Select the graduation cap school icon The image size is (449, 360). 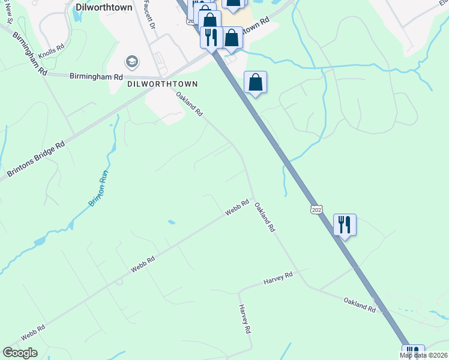click(131, 62)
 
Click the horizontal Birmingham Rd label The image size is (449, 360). click(96, 77)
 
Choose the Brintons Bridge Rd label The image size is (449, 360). click(36, 159)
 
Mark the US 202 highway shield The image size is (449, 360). click(317, 209)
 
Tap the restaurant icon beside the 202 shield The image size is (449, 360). click(345, 225)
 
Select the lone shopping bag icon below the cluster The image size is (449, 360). click(255, 83)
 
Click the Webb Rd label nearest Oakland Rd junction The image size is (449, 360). click(237, 208)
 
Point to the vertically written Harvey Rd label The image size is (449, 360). click(245, 319)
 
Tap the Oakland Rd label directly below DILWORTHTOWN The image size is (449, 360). click(190, 104)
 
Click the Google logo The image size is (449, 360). click(20, 353)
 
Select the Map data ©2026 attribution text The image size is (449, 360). click(423, 355)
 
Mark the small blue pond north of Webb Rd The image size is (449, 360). click(172, 223)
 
